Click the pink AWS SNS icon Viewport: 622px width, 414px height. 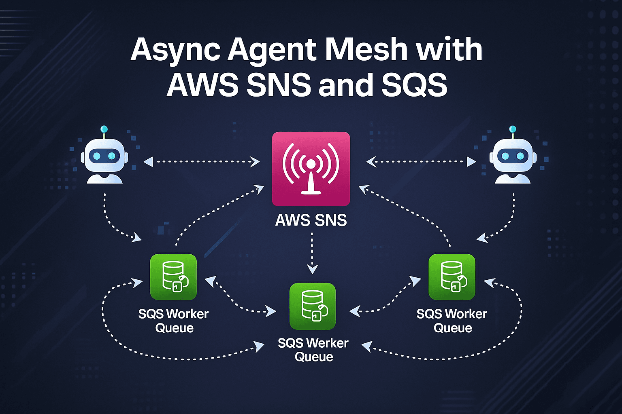coord(311,169)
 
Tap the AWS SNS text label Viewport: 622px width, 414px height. coord(311,220)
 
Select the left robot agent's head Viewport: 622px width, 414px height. coord(104,156)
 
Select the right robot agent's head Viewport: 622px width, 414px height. coord(512,156)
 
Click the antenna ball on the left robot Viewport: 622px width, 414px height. coord(104,129)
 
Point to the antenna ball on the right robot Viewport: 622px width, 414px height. coord(513,129)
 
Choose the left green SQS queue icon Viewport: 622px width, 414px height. coord(173,277)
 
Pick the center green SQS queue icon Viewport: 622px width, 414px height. coord(313,306)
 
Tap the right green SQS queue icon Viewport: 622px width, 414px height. coord(452,277)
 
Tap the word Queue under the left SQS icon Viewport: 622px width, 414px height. coord(174,328)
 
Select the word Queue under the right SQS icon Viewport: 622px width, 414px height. coord(453,328)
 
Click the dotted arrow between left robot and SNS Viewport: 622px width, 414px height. coord(201,162)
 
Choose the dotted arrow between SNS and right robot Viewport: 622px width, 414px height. coord(421,162)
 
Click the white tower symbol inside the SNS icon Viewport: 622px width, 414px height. coord(311,178)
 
